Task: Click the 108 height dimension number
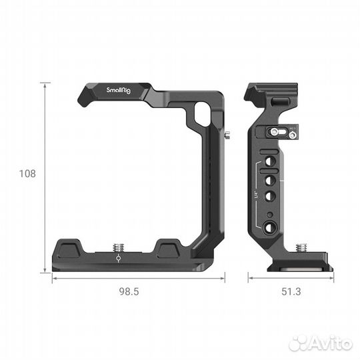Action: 27,174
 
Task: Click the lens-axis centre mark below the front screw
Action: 119,262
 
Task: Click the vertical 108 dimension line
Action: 45,177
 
